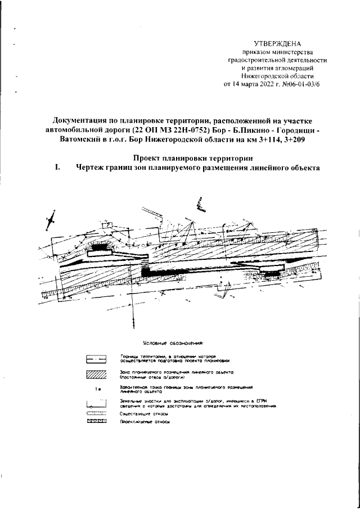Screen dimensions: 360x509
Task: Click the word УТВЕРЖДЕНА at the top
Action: pyautogui.click(x=278, y=43)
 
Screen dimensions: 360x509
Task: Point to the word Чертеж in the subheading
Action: pyautogui.click(x=93, y=168)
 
